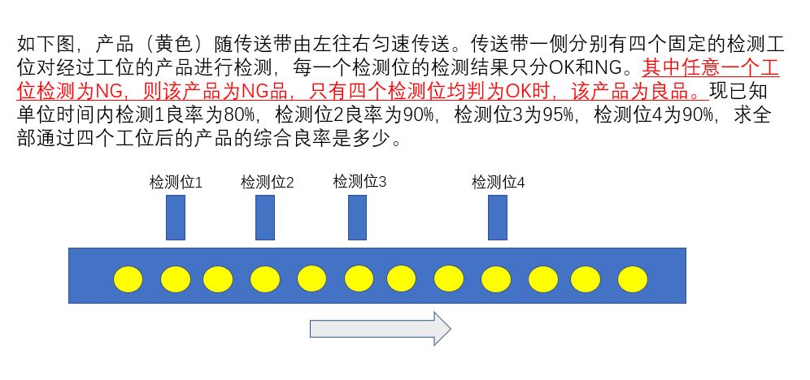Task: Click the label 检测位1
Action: [176, 183]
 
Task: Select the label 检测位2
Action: [267, 183]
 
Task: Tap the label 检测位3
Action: [359, 182]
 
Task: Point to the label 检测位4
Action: [498, 183]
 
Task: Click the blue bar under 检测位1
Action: [176, 218]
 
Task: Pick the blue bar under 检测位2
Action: [264, 218]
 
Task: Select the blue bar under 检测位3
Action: [357, 218]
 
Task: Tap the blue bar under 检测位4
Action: [498, 218]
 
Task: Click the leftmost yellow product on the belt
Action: [128, 279]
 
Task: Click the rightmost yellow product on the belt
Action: [632, 279]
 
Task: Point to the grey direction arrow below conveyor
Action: [380, 328]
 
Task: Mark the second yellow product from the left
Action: [175, 279]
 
